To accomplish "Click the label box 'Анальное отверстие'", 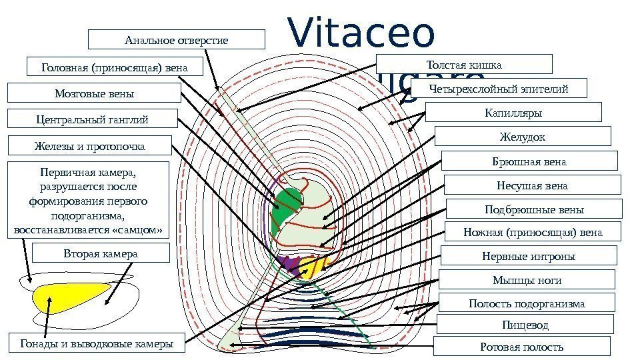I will [x=177, y=40].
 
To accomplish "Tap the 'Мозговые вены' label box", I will [x=94, y=94].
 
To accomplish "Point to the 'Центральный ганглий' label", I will [x=92, y=120].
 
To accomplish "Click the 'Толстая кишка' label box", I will [x=464, y=65].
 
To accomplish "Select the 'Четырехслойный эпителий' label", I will [x=499, y=88].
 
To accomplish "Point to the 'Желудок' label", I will [x=522, y=137].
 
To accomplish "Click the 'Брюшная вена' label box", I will [x=529, y=161].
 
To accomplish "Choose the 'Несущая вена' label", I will [x=532, y=185].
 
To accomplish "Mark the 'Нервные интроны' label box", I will [x=528, y=256].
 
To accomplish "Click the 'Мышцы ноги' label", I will [x=527, y=279].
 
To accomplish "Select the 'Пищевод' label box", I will [x=525, y=325].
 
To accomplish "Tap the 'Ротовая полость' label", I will [x=522, y=347].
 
